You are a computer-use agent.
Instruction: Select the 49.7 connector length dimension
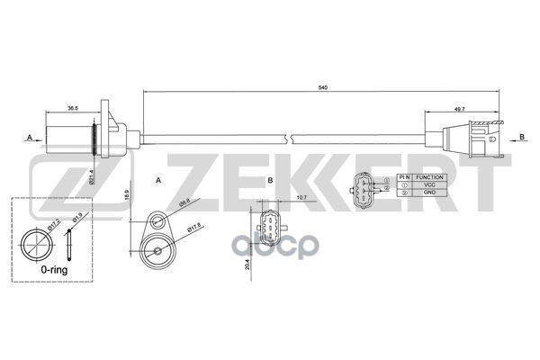point(461,109)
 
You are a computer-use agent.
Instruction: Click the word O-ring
point(42,268)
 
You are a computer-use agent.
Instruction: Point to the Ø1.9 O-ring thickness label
point(76,219)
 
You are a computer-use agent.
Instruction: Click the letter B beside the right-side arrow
point(521,137)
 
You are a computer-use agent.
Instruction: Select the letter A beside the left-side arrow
point(29,137)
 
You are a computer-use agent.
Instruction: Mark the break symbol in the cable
point(285,136)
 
